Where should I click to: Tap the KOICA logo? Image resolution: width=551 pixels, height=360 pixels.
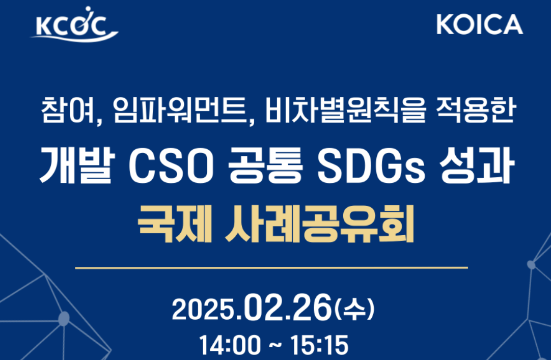(x=479, y=24)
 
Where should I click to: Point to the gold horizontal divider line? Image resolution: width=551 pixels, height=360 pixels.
(x=271, y=267)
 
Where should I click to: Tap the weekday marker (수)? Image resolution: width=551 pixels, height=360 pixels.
(x=354, y=309)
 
